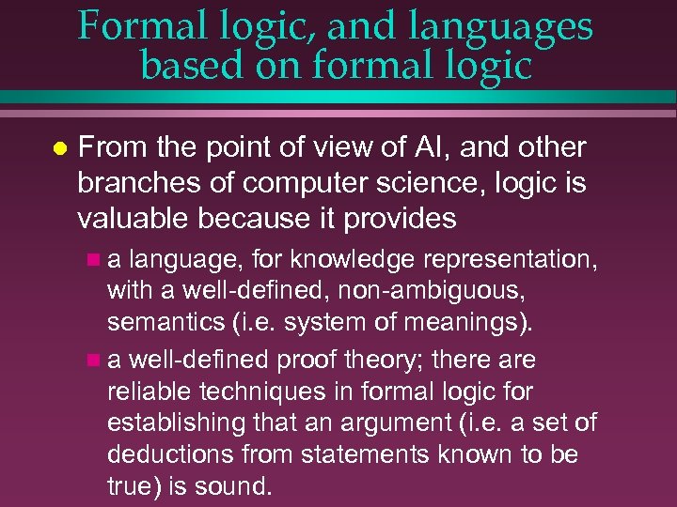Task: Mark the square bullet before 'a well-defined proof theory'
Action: pos(90,361)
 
